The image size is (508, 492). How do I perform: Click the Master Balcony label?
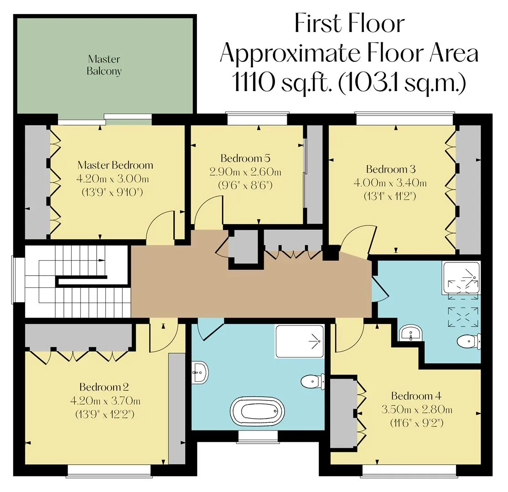coord(104,65)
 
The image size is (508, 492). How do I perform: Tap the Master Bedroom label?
coord(115,165)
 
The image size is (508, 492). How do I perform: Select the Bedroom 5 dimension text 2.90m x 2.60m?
coord(245,172)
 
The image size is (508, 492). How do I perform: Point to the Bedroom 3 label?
coord(391,169)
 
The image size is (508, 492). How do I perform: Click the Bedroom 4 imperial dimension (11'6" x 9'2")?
coord(417,423)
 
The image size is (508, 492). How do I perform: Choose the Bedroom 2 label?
coord(104,387)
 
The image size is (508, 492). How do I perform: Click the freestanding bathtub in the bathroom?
coord(258,412)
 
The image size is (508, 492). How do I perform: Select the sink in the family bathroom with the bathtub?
coord(200,373)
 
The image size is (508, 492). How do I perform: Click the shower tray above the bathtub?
coord(299,341)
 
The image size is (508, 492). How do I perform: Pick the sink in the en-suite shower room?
coord(410,333)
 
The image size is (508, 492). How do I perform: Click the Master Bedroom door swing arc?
coord(157,223)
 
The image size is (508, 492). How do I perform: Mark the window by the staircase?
coord(13,280)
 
